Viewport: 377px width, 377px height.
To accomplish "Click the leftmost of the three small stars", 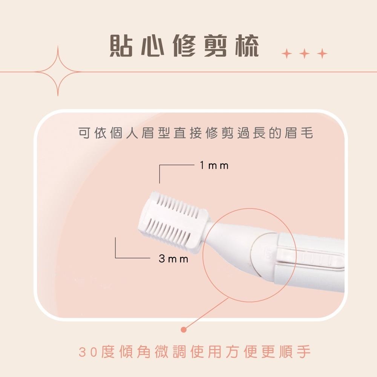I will [287, 54].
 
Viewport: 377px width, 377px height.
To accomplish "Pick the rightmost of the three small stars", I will [322, 54].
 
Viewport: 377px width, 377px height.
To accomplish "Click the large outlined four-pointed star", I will [58, 71].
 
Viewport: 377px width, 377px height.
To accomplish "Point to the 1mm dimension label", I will [214, 166].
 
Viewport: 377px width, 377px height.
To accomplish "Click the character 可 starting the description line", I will [83, 133].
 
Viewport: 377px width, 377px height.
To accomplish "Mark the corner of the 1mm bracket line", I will [160, 165].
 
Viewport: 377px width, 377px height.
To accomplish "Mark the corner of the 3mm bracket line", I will [116, 258].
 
